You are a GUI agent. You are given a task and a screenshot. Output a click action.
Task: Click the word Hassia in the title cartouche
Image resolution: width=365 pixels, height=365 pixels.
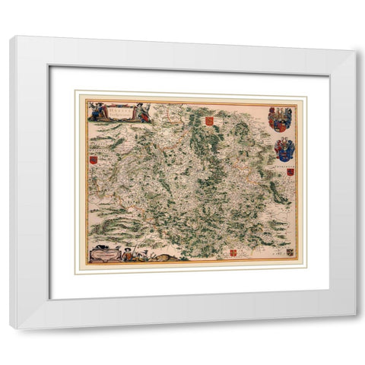pyautogui.click(x=119, y=107)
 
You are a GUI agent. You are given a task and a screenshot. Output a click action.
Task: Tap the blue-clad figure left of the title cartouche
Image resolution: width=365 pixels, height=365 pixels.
pyautogui.click(x=96, y=111)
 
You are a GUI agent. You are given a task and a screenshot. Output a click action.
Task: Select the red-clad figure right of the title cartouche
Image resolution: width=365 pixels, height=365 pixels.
pyautogui.click(x=143, y=111)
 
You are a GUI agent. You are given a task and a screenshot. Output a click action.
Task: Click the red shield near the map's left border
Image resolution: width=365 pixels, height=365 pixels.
pyautogui.click(x=93, y=160)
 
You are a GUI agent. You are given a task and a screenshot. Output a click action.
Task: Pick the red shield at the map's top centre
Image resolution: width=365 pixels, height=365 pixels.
pyautogui.click(x=208, y=121)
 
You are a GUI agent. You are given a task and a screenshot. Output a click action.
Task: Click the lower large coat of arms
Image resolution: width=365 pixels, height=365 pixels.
pyautogui.click(x=284, y=149)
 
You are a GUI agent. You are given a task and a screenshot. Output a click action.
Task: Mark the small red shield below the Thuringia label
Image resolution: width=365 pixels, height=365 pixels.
pyautogui.click(x=290, y=173)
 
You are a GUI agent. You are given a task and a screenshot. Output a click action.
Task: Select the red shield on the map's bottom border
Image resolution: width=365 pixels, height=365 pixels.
pyautogui.click(x=233, y=252)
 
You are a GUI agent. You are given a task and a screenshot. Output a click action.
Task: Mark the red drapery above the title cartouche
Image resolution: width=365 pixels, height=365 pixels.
pyautogui.click(x=122, y=102)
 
